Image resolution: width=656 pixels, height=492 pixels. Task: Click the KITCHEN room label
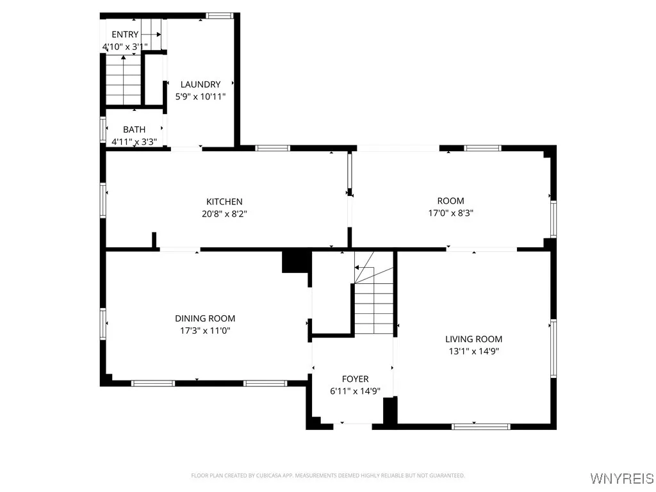tap(224, 202)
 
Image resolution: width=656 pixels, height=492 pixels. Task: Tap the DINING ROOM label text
tap(205, 318)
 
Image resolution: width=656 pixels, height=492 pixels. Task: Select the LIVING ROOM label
tap(473, 339)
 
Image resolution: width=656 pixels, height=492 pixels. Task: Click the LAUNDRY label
tap(200, 84)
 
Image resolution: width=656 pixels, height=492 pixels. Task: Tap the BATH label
tap(134, 129)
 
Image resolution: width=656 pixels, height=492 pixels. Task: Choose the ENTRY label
tap(124, 35)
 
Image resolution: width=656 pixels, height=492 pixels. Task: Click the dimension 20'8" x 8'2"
tap(224, 214)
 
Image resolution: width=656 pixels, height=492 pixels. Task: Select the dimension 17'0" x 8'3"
tap(450, 213)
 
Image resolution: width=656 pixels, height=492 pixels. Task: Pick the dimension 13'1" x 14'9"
tap(473, 351)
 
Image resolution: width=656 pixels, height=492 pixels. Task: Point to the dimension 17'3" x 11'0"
tap(205, 331)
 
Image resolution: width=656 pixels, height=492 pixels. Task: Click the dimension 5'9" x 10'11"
tap(200, 96)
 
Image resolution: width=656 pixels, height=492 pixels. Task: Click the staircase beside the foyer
tap(373, 301)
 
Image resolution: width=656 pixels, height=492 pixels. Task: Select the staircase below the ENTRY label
tap(123, 80)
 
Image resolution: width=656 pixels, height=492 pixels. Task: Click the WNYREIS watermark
tap(622, 479)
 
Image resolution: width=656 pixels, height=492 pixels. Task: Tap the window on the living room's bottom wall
tap(481, 425)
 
